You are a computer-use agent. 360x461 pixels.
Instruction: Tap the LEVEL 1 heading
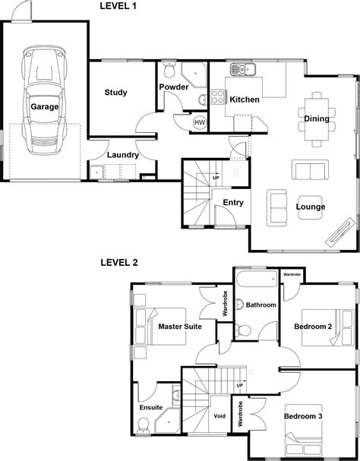119,7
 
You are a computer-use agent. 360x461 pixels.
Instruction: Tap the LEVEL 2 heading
119,263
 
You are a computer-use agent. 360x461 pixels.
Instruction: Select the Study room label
115,93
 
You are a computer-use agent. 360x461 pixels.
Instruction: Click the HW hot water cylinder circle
199,122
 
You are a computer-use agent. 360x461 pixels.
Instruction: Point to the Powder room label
174,87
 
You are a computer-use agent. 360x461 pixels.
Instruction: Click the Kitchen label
245,99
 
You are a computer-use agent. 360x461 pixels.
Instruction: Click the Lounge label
310,207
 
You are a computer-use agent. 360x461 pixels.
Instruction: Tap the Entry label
232,202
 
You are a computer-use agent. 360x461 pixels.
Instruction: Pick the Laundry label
122,155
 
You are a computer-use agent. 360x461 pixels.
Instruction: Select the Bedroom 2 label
313,327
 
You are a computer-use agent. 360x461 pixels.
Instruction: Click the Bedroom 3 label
303,416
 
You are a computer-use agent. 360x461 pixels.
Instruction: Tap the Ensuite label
151,408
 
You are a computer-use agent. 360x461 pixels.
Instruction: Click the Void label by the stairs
219,416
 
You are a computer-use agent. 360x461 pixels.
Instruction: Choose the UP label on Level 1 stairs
216,178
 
